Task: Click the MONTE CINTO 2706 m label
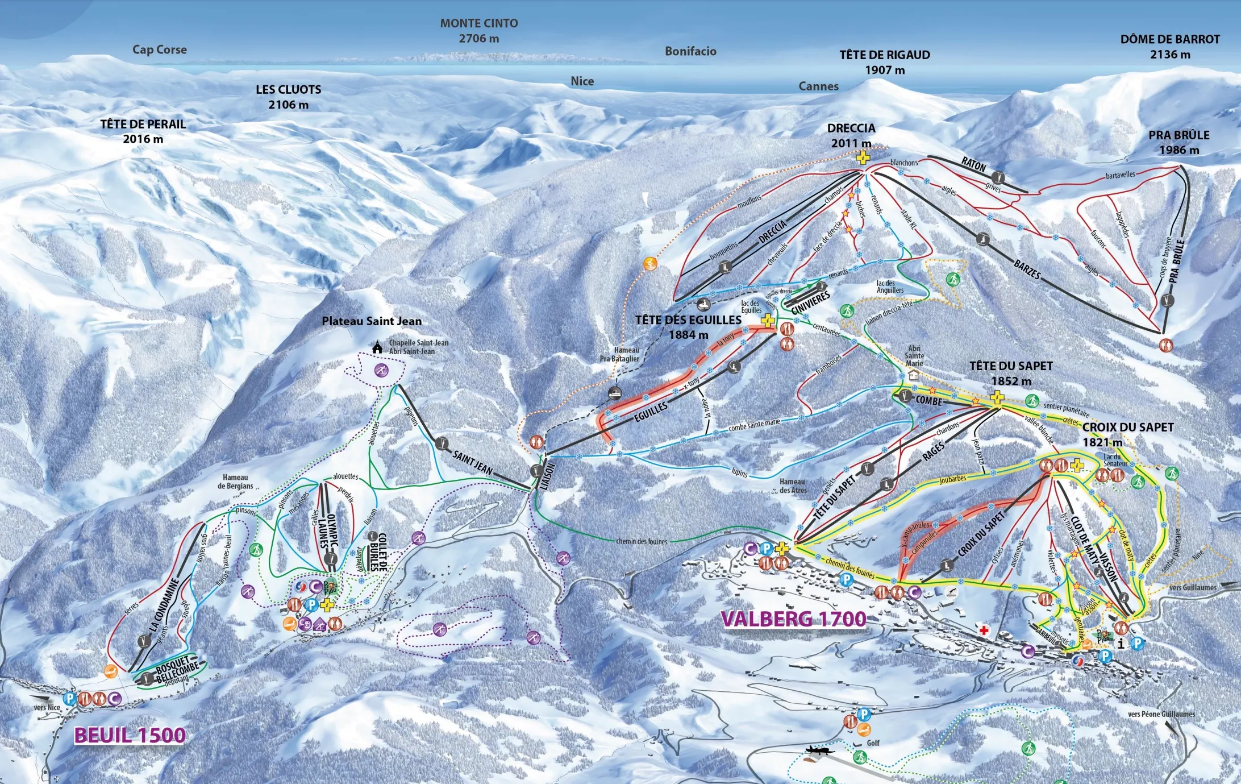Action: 478,31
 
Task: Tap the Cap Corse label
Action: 160,49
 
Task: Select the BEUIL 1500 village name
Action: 130,735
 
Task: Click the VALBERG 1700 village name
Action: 793,619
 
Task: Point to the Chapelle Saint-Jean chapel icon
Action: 377,347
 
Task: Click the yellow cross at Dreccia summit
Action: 863,157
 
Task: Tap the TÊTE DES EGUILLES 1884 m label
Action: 688,327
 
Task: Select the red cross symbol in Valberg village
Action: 984,630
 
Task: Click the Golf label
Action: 873,743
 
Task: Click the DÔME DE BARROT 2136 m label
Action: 1169,47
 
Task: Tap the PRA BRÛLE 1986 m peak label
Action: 1179,142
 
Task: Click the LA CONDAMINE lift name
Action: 165,604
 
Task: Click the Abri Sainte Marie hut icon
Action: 914,376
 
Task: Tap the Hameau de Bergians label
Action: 235,482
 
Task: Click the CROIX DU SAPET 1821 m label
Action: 1127,434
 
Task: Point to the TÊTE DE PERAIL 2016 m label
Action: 143,131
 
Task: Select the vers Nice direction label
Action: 47,707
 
